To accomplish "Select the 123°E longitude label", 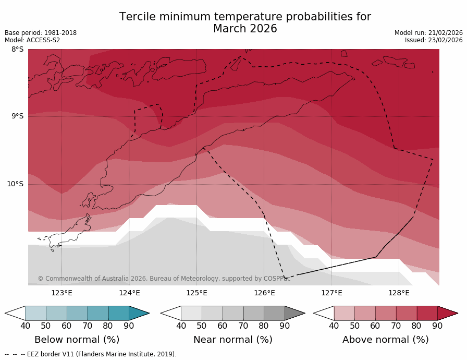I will click(x=62, y=293).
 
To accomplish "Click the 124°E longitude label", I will click(x=129, y=293).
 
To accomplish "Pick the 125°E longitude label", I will click(x=196, y=293).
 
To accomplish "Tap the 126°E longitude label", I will click(x=264, y=293).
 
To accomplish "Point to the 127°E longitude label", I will click(x=331, y=293).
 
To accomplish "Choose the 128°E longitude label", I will click(x=399, y=293).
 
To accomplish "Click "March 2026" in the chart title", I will click(x=245, y=29).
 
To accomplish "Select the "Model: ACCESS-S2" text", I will click(x=32, y=40).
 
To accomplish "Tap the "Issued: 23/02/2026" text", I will click(x=434, y=40).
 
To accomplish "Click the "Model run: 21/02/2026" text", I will click(x=428, y=33).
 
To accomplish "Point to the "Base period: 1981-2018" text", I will click(x=41, y=33).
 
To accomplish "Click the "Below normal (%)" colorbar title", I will click(x=77, y=340).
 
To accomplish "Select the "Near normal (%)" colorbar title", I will click(x=233, y=340).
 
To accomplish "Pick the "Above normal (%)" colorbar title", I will click(x=386, y=340).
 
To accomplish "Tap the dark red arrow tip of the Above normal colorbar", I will click(x=448, y=313).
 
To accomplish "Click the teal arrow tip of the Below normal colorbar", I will click(x=139, y=313).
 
